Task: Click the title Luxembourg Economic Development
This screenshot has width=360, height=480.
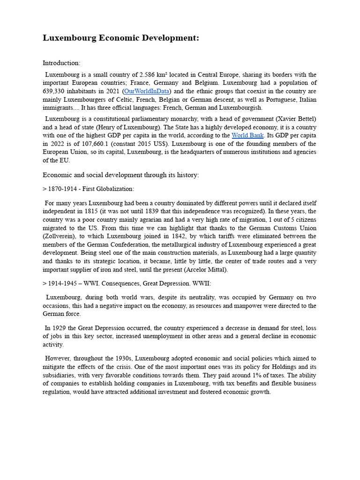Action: tap(121, 38)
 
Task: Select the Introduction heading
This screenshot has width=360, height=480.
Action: tap(61, 63)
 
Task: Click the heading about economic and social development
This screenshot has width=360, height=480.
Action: tap(120, 175)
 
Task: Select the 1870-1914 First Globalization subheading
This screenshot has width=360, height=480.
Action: tap(88, 189)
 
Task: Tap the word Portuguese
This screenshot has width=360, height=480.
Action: tap(274, 99)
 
